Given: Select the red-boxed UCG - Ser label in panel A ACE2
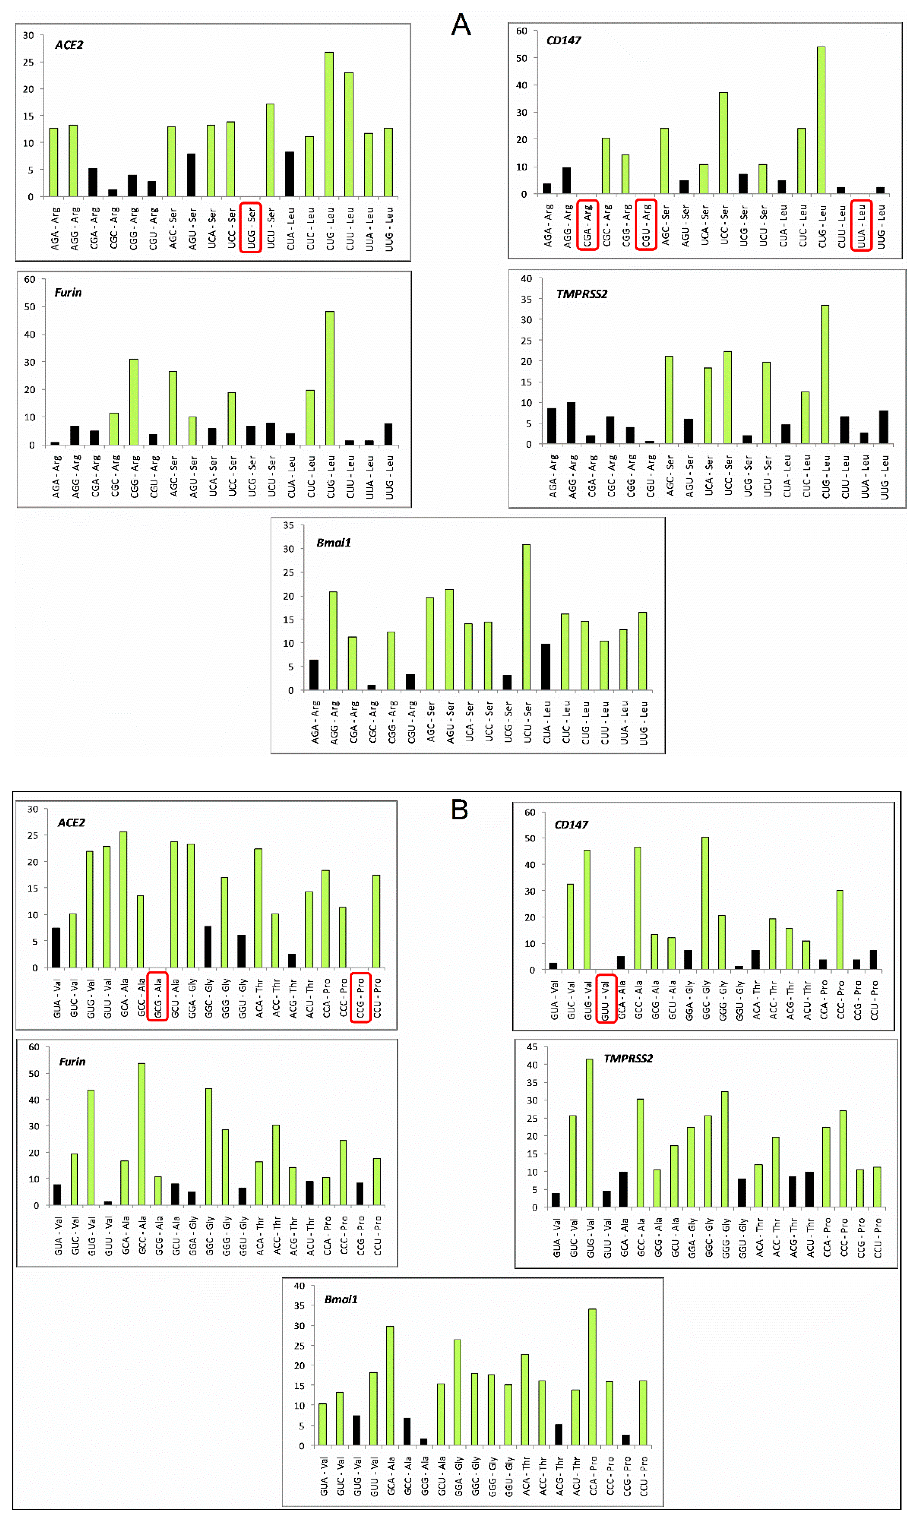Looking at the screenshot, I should tap(251, 227).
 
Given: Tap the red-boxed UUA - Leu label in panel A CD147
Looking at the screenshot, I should tap(861, 225).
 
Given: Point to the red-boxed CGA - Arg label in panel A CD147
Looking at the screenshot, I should tap(587, 225).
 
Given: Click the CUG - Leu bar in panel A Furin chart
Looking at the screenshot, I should tap(330, 378).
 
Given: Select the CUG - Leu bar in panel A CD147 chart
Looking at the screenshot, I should tap(821, 120).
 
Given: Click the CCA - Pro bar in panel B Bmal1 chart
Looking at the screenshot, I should tap(592, 1376).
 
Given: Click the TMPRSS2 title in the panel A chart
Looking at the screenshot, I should tap(581, 294).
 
